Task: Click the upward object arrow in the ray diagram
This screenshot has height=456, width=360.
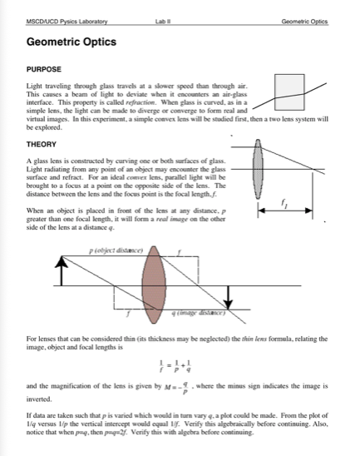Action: [61, 271]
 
